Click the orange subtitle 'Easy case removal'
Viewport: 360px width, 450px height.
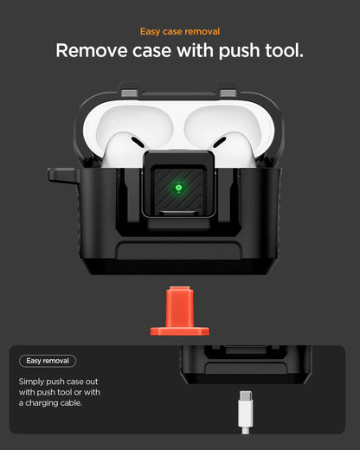pos(179,31)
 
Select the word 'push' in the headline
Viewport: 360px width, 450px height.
pos(228,51)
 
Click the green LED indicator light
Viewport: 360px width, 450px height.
pos(179,186)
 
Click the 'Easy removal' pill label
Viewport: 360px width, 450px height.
pos(48,360)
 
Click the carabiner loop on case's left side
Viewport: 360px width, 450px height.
pos(60,176)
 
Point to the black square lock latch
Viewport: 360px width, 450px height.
pos(179,187)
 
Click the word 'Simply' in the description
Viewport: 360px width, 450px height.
pos(34,381)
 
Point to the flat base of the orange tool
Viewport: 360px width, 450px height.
pos(179,331)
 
